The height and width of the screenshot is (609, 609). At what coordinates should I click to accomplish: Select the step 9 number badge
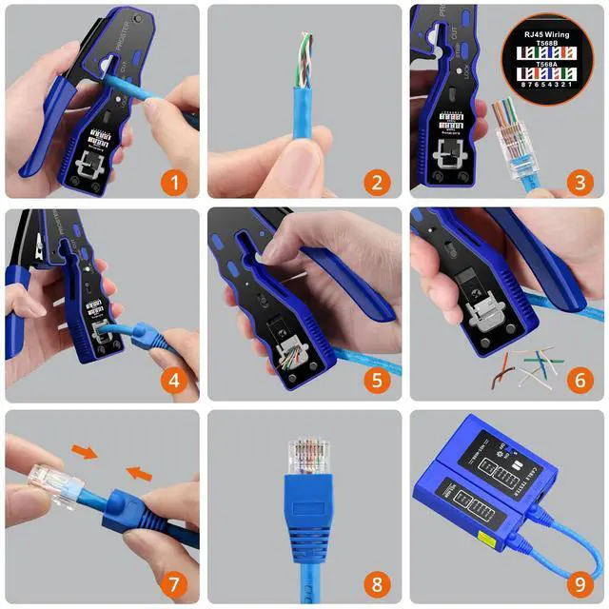pos(579,582)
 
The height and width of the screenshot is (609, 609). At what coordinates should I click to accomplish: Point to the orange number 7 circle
pos(173,582)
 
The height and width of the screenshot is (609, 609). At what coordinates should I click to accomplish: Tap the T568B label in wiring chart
pos(550,44)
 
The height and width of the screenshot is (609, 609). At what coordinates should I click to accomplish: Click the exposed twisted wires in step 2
pos(303,57)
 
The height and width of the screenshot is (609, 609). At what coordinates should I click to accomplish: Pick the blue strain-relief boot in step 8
pos(305,519)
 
